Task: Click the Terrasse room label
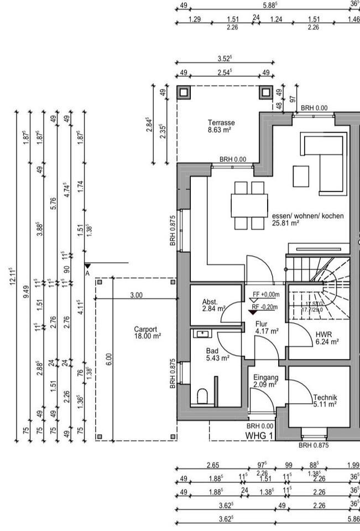click(221, 123)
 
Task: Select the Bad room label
click(212, 351)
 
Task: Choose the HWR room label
click(324, 335)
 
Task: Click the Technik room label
click(325, 398)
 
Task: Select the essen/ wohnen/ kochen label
click(307, 216)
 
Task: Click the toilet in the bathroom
click(202, 395)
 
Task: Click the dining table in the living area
click(249, 205)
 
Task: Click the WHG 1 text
click(259, 436)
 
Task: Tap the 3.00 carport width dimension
click(136, 295)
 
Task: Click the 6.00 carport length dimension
click(109, 360)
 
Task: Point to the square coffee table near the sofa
click(301, 176)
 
